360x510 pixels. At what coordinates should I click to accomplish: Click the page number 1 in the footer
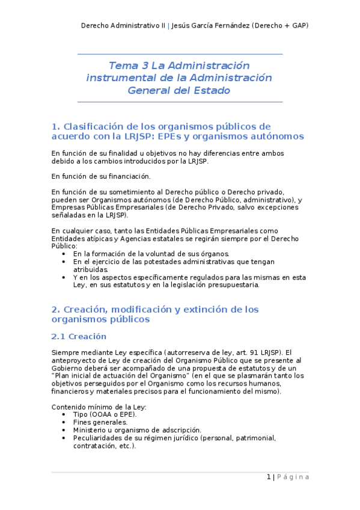click(x=268, y=477)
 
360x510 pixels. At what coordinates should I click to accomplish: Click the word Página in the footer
click(x=293, y=477)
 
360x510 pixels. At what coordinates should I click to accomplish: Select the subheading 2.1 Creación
click(x=79, y=336)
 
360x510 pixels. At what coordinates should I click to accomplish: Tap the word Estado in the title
click(x=210, y=90)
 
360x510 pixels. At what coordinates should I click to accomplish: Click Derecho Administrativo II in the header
click(x=123, y=26)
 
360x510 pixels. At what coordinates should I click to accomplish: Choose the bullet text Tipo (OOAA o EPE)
click(x=105, y=414)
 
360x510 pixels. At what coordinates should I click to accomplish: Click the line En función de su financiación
click(x=100, y=176)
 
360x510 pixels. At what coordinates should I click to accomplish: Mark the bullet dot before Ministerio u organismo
click(x=64, y=431)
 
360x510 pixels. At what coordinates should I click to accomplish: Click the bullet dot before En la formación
click(x=64, y=254)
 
